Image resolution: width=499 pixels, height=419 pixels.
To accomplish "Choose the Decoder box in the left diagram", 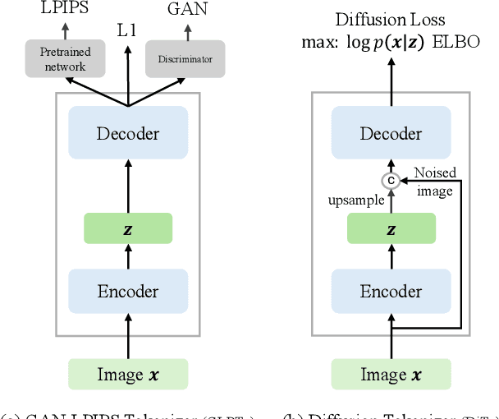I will (x=128, y=134).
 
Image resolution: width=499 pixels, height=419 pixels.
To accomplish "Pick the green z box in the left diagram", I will (x=128, y=228).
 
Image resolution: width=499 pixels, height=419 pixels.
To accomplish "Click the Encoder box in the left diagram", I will (x=128, y=292).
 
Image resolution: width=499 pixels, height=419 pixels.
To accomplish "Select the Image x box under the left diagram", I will (x=128, y=374).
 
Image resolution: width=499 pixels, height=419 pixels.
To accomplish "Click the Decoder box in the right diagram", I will (x=390, y=134).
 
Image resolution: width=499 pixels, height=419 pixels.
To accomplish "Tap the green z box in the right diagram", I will (x=390, y=228).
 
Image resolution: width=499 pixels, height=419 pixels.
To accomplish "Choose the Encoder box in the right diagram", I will (x=390, y=292).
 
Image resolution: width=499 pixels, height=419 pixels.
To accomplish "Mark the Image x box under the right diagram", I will (x=391, y=374).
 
